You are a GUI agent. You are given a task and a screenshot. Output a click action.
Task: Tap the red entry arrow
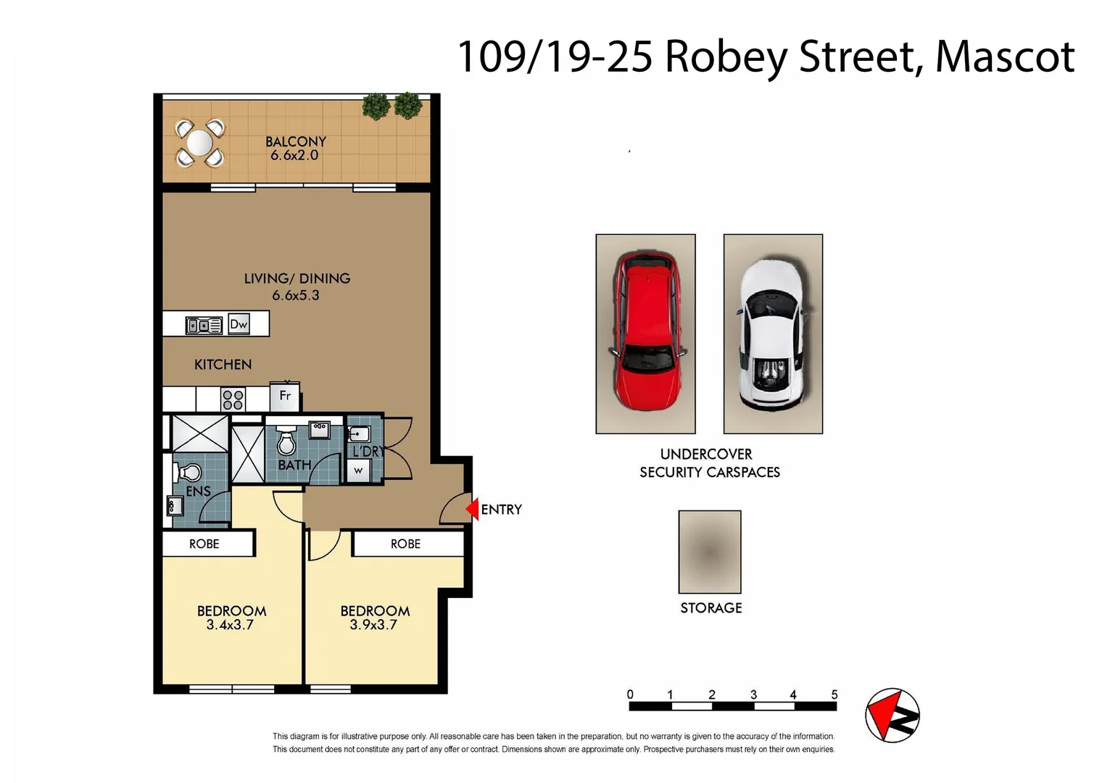pyautogui.click(x=472, y=509)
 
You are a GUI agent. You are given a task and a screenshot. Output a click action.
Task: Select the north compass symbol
pyautogui.click(x=892, y=715)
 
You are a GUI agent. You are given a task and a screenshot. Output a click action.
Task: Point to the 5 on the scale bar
pyautogui.click(x=834, y=695)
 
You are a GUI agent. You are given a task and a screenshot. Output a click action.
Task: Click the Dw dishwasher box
pyautogui.click(x=239, y=324)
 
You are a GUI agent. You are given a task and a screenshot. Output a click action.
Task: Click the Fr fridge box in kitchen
pyautogui.click(x=285, y=396)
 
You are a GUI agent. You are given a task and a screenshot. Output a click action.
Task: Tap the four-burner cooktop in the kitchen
pyautogui.click(x=233, y=399)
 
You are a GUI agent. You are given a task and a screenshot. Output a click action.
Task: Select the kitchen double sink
pyautogui.click(x=204, y=326)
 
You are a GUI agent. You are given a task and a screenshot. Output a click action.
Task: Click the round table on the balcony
pyautogui.click(x=199, y=143)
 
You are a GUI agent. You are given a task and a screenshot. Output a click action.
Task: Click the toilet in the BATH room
pyautogui.click(x=287, y=442)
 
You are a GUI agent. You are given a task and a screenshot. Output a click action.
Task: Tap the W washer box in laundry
pyautogui.click(x=358, y=471)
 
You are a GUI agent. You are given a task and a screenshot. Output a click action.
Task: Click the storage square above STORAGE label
pyautogui.click(x=709, y=552)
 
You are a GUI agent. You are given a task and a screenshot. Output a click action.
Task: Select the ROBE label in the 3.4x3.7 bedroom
pyautogui.click(x=204, y=544)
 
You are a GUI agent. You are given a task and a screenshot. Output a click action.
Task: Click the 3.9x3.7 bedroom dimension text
pyautogui.click(x=373, y=625)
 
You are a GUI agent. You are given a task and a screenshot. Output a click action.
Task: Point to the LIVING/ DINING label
pyautogui.click(x=297, y=278)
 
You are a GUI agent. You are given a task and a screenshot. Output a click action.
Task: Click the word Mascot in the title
pyautogui.click(x=1004, y=57)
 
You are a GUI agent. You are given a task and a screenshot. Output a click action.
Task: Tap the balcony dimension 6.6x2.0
pyautogui.click(x=294, y=155)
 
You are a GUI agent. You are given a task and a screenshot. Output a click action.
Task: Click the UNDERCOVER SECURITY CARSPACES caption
pyautogui.click(x=708, y=463)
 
